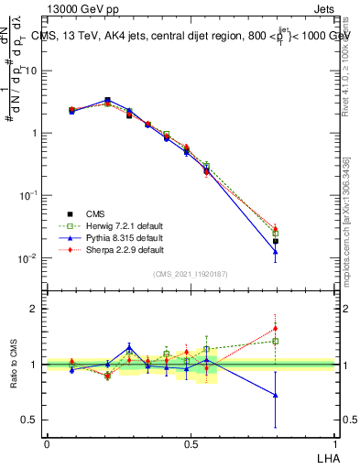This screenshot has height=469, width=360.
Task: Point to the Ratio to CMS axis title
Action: click(13, 364)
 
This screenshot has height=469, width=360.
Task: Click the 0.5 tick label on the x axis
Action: click(191, 442)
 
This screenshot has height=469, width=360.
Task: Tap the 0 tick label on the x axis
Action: click(47, 442)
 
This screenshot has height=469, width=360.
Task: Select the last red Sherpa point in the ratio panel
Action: click(275, 328)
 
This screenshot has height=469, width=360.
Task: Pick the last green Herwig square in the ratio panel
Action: click(275, 341)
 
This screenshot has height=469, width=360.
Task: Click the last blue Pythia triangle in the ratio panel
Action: click(275, 395)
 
